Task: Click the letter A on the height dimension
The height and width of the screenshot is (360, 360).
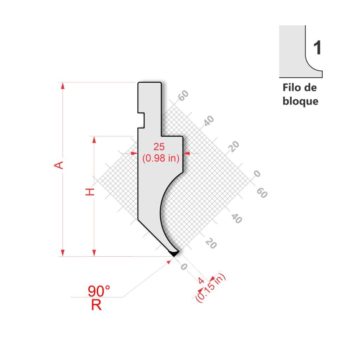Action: (59, 165)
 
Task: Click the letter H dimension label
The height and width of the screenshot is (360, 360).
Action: (90, 192)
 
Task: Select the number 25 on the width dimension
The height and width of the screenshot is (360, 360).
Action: (159, 147)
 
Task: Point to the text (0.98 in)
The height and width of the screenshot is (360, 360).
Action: (161, 159)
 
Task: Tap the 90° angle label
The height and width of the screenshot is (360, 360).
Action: (99, 291)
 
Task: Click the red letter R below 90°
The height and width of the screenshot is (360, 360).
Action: (96, 305)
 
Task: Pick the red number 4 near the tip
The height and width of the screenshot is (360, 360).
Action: (201, 281)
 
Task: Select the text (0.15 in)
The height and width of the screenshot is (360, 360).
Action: (211, 288)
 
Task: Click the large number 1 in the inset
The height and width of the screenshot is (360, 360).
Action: (317, 48)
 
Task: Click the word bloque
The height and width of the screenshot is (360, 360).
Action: (300, 101)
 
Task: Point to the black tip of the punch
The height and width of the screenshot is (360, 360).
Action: (174, 253)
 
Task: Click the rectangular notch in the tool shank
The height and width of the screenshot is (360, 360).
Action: (141, 120)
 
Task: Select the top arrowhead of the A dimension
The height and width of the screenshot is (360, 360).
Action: (63, 85)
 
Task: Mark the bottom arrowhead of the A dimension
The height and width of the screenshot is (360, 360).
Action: (63, 253)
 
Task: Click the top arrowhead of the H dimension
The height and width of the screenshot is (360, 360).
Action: (94, 140)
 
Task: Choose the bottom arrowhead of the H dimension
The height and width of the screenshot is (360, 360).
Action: (94, 253)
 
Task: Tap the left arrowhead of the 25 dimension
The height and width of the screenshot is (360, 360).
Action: (134, 153)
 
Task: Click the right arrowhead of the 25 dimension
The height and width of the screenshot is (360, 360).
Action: (186, 153)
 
